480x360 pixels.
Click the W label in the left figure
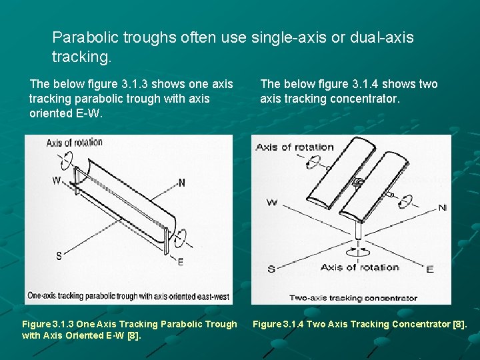coord(57,181)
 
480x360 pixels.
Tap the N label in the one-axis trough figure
coord(182,183)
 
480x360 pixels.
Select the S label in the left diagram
coord(59,256)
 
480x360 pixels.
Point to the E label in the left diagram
coord(181,262)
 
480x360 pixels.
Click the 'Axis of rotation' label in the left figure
coord(75,142)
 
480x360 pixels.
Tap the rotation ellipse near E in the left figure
coord(181,237)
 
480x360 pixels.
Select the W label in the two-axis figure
coord(272,202)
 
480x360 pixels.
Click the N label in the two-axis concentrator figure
coord(442,208)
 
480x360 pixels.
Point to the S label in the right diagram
coord(271,269)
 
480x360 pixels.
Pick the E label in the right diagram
coord(429,269)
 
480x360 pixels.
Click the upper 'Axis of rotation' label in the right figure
coord(295,147)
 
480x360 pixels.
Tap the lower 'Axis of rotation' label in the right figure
coord(359,267)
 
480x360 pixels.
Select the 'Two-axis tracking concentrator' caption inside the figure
coord(353,298)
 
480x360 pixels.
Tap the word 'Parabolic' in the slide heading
coord(83,37)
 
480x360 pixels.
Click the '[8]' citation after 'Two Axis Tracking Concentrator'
coord(460,324)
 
